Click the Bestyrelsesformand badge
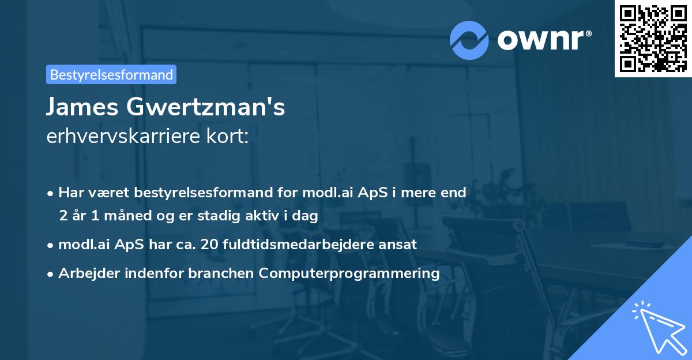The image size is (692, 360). pos(111,74)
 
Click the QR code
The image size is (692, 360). pos(653,38)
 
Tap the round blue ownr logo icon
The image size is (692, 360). pos(470,40)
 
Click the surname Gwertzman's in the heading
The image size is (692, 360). pos(212,107)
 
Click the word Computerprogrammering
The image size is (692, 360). pos(349,273)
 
